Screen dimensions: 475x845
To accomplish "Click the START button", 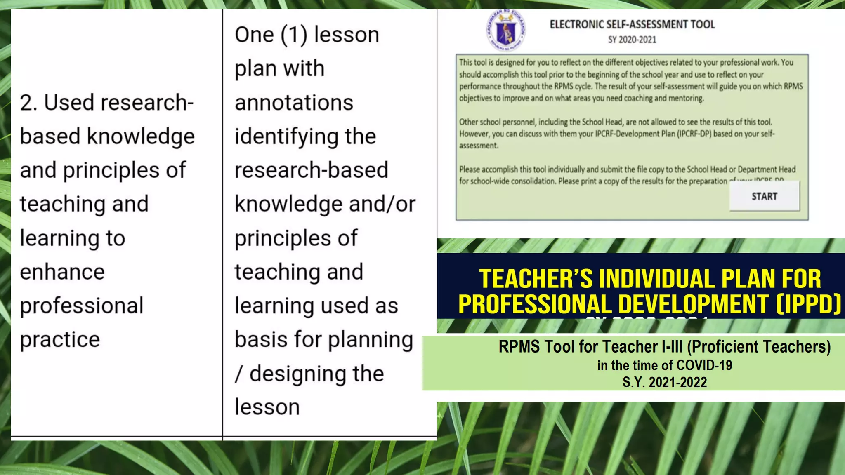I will (764, 196).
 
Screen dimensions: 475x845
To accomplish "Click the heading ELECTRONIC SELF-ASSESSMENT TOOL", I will (632, 24).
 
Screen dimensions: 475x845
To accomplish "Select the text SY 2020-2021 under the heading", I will (632, 40).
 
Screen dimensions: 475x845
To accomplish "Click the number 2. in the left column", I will (28, 103).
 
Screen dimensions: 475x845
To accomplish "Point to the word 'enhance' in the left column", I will (62, 272).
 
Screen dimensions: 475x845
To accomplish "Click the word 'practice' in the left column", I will (60, 340).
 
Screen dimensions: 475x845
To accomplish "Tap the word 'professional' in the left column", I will (82, 306).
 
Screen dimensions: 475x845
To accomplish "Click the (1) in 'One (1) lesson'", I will (294, 35).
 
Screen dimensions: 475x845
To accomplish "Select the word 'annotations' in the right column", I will (294, 103).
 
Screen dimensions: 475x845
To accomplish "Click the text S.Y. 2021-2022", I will (664, 382).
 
